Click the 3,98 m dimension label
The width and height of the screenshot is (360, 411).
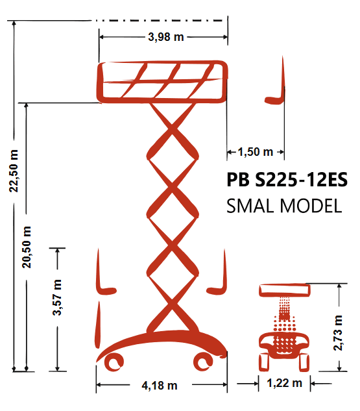[x=166, y=37]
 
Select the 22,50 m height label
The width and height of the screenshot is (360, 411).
[x=14, y=171]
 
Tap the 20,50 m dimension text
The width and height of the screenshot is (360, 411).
[x=27, y=247]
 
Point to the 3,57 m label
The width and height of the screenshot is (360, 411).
[x=57, y=297]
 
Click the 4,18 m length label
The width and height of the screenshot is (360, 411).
[x=160, y=386]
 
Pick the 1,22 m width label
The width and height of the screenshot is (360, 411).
[x=284, y=383]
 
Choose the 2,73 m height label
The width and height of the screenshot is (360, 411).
[x=338, y=333]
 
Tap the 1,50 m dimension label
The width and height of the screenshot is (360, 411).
[x=256, y=152]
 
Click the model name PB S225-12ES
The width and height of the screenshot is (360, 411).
[x=287, y=180]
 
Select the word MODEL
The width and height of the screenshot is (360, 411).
[x=311, y=206]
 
